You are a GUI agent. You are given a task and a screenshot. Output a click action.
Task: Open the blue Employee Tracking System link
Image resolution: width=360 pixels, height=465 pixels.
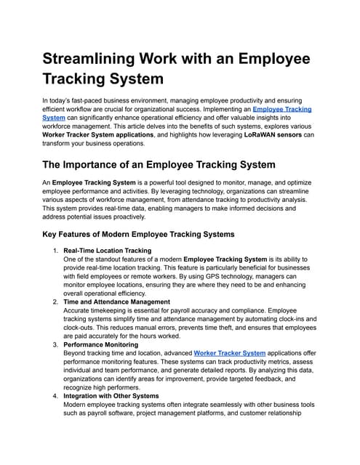coord(283,108)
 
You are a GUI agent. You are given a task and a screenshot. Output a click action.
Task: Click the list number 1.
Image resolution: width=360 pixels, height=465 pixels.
coord(55,251)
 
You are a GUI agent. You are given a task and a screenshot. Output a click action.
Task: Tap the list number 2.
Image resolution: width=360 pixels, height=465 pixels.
coord(55,301)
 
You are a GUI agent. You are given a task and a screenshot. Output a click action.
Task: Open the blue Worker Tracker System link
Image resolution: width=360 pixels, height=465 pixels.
coord(229,352)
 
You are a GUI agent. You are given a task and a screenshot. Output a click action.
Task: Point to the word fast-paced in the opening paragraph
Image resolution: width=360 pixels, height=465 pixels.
coord(101,99)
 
